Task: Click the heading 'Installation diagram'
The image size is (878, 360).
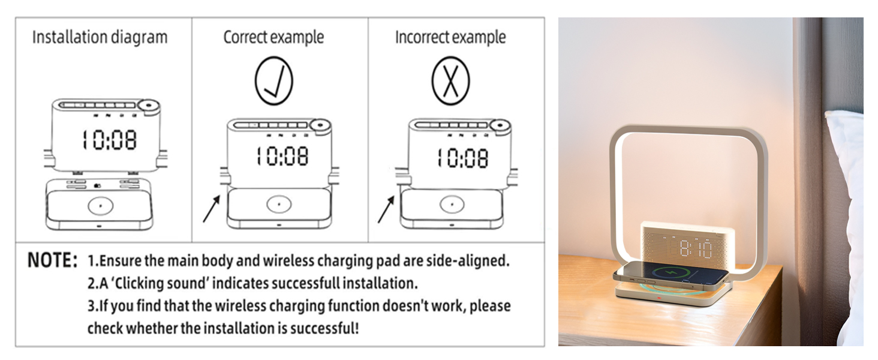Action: click(100, 37)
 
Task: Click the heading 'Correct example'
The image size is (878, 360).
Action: click(273, 37)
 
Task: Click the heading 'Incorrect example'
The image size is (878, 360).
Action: click(450, 37)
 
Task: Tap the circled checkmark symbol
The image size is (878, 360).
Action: click(273, 81)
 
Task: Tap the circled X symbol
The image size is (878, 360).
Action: click(450, 81)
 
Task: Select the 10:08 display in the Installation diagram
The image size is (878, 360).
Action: click(109, 140)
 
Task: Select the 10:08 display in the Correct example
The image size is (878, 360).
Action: click(282, 157)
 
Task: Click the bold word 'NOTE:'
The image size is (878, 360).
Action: click(53, 262)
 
